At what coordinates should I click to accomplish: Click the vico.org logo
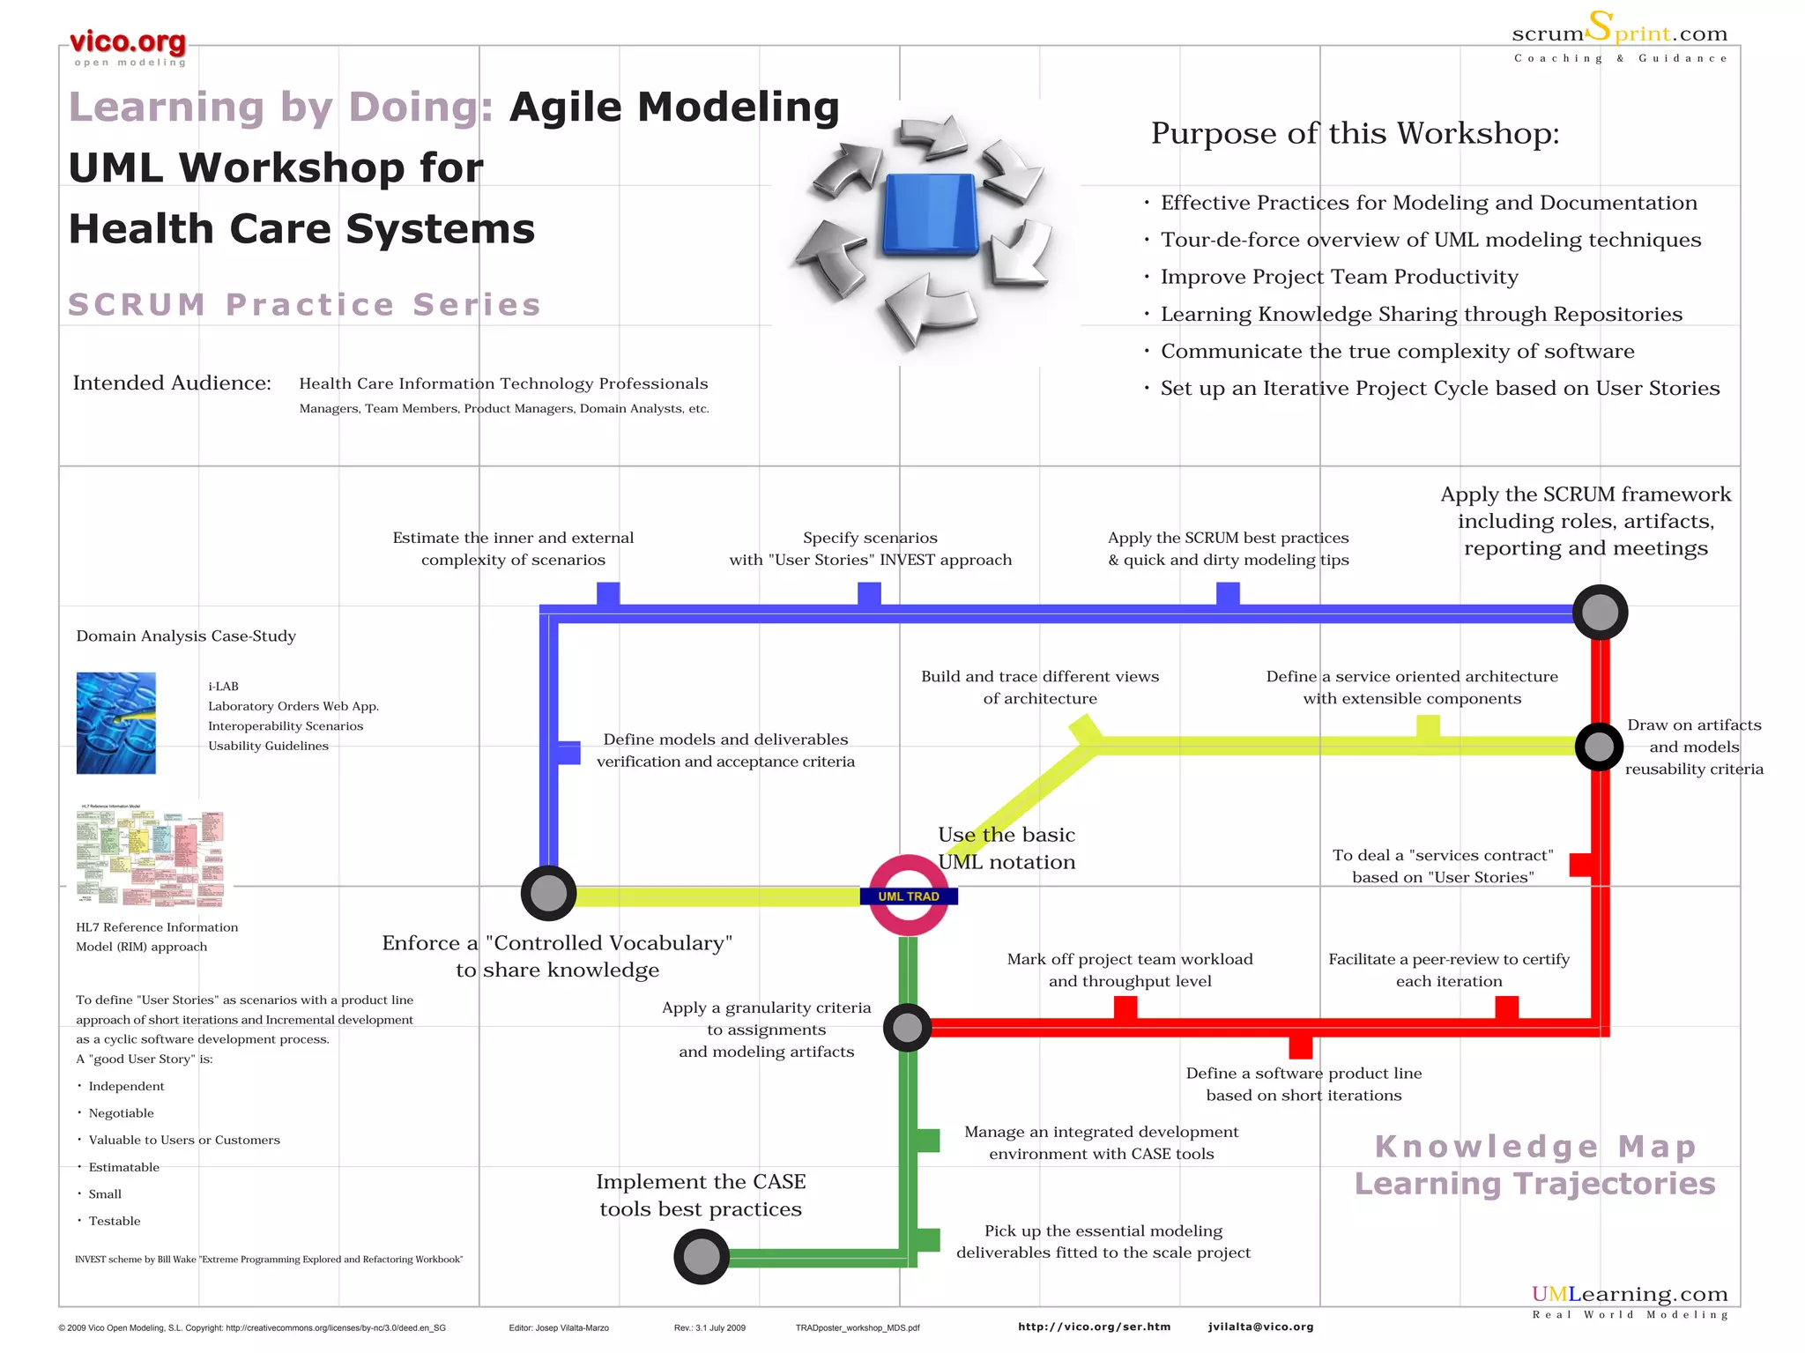click(x=128, y=44)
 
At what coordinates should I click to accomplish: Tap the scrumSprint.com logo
click(x=1620, y=33)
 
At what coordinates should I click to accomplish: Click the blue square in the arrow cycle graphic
click(x=931, y=214)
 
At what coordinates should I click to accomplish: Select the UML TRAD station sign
click(x=909, y=896)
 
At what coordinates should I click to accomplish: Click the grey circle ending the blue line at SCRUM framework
click(x=1600, y=612)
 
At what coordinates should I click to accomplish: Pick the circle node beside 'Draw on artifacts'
click(x=1599, y=747)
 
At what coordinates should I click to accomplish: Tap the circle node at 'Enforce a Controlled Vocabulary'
click(x=548, y=893)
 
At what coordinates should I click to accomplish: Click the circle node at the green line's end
click(x=702, y=1257)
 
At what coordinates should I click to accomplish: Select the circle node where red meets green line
click(x=907, y=1027)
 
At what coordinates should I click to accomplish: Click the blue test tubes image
click(x=115, y=723)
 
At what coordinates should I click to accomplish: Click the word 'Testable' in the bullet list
click(x=115, y=1221)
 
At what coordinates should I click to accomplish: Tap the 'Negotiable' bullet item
click(x=122, y=1113)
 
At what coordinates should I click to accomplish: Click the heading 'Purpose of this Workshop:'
click(x=1355, y=134)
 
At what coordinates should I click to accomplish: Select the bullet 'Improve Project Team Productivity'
click(x=1339, y=277)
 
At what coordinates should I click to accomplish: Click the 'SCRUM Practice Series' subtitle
click(x=304, y=304)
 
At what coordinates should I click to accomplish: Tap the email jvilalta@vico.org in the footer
click(x=1260, y=1327)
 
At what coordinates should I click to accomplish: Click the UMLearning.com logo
click(x=1629, y=1294)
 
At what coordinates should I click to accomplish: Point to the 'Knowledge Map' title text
click(x=1534, y=1147)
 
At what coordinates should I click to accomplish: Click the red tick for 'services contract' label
click(x=1580, y=865)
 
